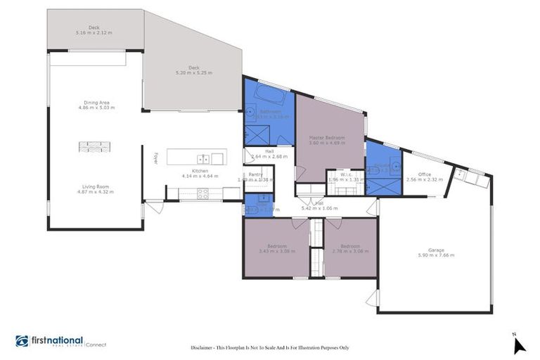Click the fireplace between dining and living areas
click(94, 146)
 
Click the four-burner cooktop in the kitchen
click(202, 195)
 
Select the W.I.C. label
click(345, 174)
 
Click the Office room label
click(424, 174)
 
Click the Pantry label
click(255, 174)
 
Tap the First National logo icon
click(22, 341)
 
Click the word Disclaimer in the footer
click(205, 348)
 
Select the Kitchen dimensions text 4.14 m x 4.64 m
click(200, 176)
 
